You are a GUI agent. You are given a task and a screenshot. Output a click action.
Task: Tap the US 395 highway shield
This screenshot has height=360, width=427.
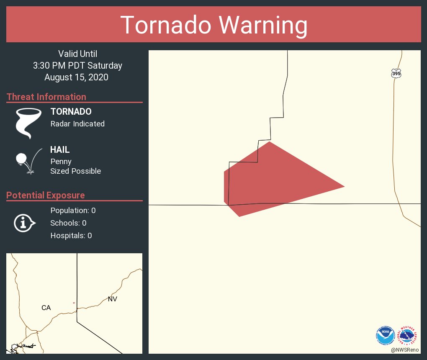pyautogui.click(x=396, y=73)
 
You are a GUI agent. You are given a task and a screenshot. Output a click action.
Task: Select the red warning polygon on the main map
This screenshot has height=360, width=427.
pyautogui.click(x=272, y=180)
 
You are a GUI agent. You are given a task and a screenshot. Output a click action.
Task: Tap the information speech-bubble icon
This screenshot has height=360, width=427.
pyautogui.click(x=25, y=223)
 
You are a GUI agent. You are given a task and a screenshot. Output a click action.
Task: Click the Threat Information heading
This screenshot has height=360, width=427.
pyautogui.click(x=46, y=97)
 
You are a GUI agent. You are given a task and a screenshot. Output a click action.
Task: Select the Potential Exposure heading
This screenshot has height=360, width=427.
pyautogui.click(x=46, y=195)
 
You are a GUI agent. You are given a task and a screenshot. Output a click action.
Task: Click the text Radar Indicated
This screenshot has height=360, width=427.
pyautogui.click(x=77, y=123)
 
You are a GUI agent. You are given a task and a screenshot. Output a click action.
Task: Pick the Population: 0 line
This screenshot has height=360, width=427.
pyautogui.click(x=73, y=210)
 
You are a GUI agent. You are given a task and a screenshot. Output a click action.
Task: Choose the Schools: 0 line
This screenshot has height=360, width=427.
pyautogui.click(x=68, y=223)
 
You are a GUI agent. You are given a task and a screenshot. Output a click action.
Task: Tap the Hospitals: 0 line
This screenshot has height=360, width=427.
pyautogui.click(x=71, y=235)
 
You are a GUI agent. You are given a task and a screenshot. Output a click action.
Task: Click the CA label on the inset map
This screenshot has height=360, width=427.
pyautogui.click(x=46, y=308)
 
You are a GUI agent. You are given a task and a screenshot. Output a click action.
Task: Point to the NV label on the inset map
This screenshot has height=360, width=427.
pyautogui.click(x=112, y=299)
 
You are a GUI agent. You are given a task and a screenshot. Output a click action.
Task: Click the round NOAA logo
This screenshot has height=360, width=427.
pyautogui.click(x=385, y=334)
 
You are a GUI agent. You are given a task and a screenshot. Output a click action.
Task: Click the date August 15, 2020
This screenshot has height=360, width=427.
pyautogui.click(x=76, y=77)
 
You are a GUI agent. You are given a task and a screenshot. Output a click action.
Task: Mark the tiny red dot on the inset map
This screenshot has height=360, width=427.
pyautogui.click(x=74, y=303)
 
